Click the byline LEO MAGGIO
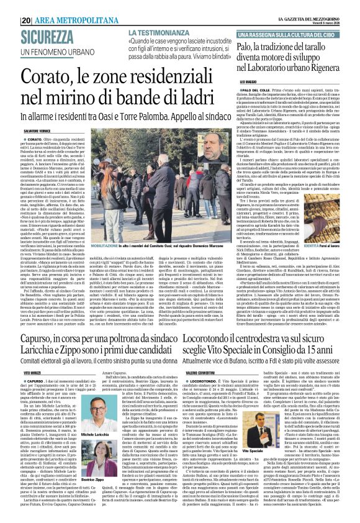click(x=248, y=80)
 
